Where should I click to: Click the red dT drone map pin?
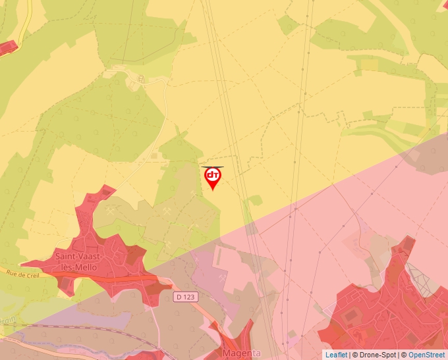[x=213, y=177]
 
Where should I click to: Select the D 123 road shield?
[x=186, y=297]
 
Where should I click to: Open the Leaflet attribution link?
[x=336, y=355]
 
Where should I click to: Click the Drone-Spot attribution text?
[x=376, y=355]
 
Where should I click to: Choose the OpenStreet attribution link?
[x=428, y=355]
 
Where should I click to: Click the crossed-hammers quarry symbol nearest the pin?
[x=192, y=193]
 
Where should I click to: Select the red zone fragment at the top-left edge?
[x=7, y=47]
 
